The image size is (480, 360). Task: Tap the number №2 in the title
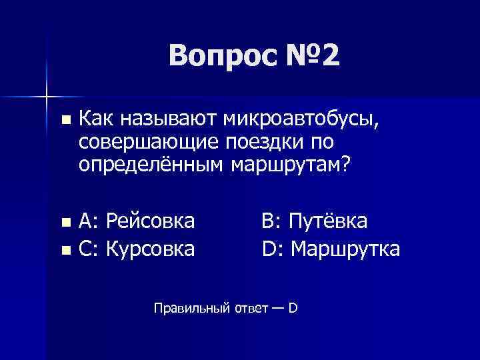click(308, 56)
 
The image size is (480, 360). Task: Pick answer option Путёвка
click(327, 220)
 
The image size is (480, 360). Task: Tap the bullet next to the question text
click(64, 121)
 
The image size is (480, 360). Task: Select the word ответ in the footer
click(249, 309)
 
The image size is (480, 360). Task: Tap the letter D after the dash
click(292, 308)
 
